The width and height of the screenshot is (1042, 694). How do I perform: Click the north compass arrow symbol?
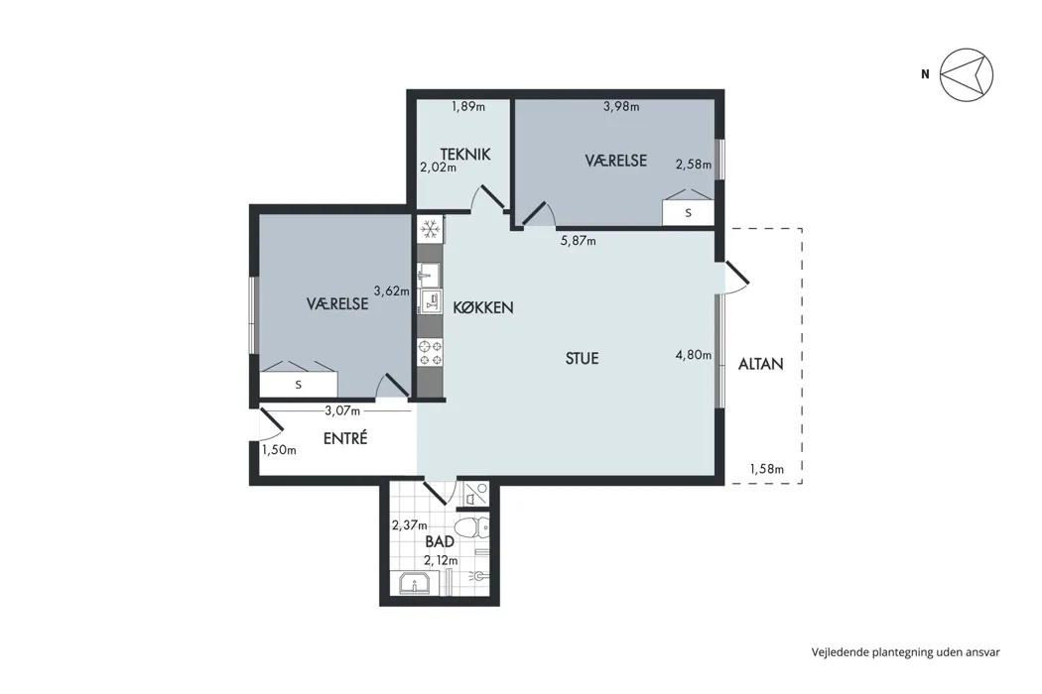(x=967, y=74)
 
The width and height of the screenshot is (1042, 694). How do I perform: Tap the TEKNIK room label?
(x=465, y=154)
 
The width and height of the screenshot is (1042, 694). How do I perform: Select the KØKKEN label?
(x=483, y=307)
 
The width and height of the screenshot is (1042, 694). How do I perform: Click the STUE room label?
(x=583, y=359)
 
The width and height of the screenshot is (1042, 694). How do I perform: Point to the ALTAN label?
(x=761, y=364)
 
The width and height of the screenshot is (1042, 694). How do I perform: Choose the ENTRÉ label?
(x=345, y=438)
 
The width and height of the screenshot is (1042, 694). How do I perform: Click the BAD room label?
(x=440, y=541)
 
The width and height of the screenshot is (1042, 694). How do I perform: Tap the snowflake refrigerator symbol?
(x=431, y=230)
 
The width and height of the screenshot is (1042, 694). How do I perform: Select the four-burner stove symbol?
(x=430, y=352)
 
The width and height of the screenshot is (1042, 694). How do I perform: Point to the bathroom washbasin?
(x=416, y=583)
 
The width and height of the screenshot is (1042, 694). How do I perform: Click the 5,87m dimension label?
(x=579, y=240)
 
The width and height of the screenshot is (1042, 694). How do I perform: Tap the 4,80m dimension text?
(x=694, y=355)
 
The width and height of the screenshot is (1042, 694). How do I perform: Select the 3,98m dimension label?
(x=621, y=106)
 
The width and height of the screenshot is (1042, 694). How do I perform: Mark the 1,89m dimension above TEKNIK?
(x=468, y=106)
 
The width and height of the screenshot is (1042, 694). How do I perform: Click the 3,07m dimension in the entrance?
(x=342, y=411)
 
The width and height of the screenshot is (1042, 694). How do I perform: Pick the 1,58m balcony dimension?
(x=767, y=469)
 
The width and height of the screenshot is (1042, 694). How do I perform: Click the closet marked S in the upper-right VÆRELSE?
(x=689, y=213)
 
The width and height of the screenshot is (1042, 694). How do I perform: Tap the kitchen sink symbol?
(x=429, y=273)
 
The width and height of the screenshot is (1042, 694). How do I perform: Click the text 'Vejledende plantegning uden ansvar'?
(x=905, y=652)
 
